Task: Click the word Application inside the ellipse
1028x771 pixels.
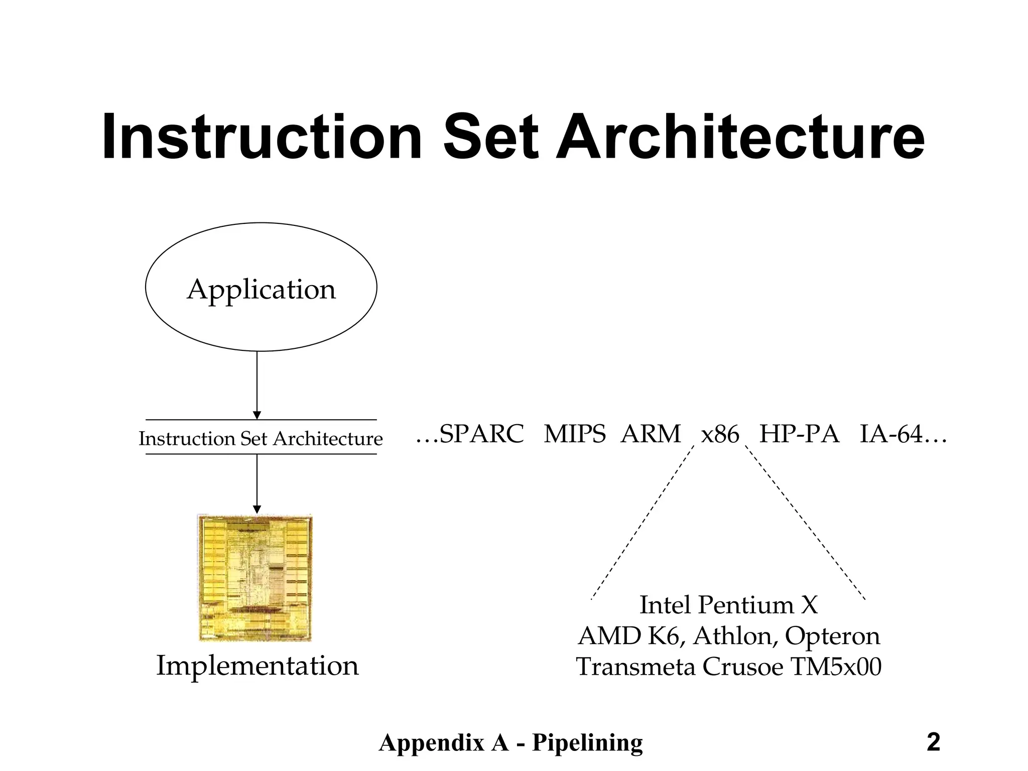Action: pyautogui.click(x=261, y=290)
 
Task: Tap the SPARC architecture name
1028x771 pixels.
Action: pyautogui.click(x=481, y=434)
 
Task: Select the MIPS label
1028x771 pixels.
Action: pyautogui.click(x=575, y=434)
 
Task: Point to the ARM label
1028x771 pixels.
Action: pyautogui.click(x=651, y=434)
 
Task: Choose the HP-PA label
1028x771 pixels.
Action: pyautogui.click(x=799, y=434)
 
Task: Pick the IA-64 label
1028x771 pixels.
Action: pyautogui.click(x=891, y=434)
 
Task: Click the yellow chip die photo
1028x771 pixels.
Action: pyautogui.click(x=255, y=578)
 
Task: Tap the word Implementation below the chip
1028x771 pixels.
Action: pyautogui.click(x=258, y=666)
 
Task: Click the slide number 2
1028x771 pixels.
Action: pyautogui.click(x=933, y=742)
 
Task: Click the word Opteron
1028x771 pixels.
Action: pyautogui.click(x=832, y=636)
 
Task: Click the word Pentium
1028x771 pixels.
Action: pyautogui.click(x=746, y=605)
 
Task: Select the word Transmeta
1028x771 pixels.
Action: pyautogui.click(x=635, y=667)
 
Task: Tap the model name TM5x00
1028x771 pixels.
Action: pyautogui.click(x=836, y=667)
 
